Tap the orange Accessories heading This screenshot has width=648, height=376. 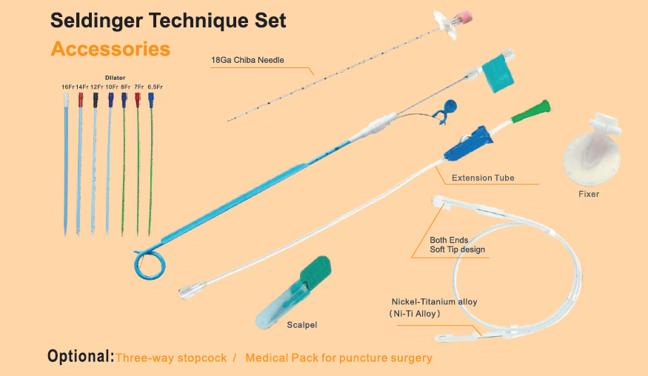pos(110,50)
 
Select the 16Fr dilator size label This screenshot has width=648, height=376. pos(67,87)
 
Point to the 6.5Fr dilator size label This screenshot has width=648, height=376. pos(155,87)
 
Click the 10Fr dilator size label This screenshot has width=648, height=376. pos(111,87)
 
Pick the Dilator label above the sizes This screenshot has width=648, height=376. pos(115,77)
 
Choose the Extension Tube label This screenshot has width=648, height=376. pos(483,178)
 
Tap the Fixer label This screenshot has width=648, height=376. pos(589,194)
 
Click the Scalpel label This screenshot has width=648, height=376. pos(301,324)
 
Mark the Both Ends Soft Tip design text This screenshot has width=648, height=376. pos(457,244)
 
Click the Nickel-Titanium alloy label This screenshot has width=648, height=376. pos(434,302)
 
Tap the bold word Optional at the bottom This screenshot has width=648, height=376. pos(80,357)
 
